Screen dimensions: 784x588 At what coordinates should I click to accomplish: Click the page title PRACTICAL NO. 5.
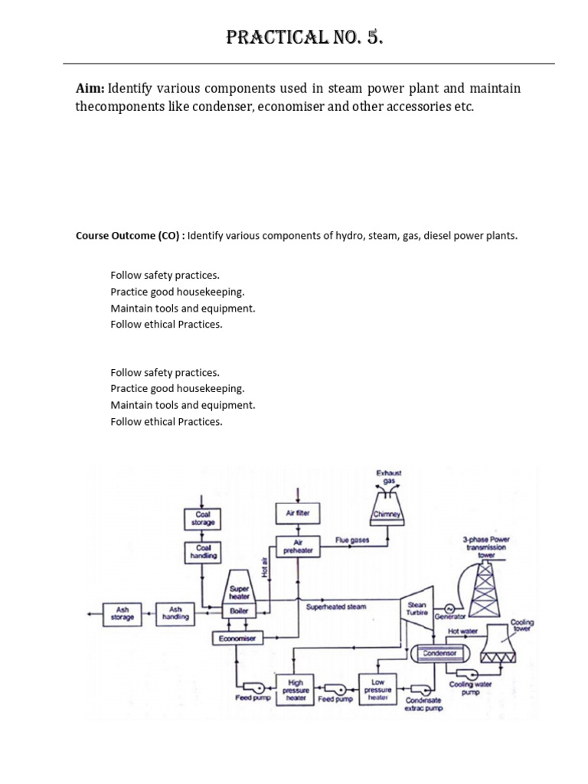tap(304, 37)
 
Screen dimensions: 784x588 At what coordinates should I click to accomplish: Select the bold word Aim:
tap(90, 88)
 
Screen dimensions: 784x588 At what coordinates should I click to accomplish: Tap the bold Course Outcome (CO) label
tap(129, 236)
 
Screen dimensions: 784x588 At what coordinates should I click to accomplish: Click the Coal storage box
tap(203, 519)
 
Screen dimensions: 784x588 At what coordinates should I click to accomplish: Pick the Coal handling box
tap(203, 552)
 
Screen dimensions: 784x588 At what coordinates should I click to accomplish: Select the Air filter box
tap(297, 513)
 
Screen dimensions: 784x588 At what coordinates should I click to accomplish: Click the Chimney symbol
tap(387, 514)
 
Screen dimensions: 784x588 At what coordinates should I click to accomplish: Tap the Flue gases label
tap(352, 541)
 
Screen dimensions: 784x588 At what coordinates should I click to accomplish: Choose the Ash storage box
tap(122, 613)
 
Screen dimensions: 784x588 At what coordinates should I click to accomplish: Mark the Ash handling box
tap(175, 613)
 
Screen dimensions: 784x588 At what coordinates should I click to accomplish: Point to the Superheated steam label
tap(336, 606)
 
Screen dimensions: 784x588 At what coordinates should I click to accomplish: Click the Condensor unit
tap(439, 653)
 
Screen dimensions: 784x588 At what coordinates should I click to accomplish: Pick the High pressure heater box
tap(295, 690)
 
